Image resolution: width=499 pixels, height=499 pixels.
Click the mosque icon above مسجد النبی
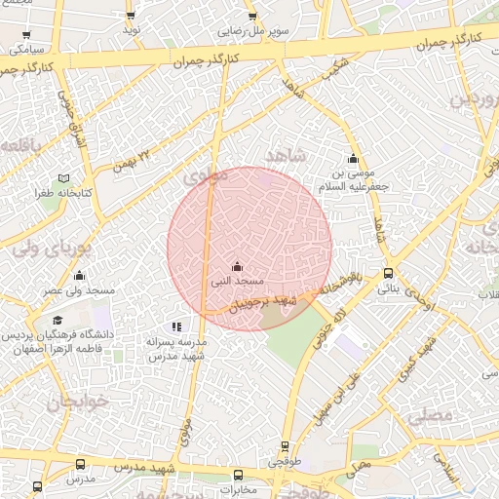pyautogui.click(x=237, y=266)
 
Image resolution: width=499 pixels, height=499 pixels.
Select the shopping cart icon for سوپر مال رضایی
pyautogui.click(x=252, y=17)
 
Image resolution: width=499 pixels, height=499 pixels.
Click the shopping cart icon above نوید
pyautogui.click(x=132, y=17)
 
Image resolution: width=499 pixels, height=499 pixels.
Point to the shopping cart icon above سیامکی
pyautogui.click(x=25, y=34)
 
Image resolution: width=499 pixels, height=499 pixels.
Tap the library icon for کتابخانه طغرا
pyautogui.click(x=63, y=178)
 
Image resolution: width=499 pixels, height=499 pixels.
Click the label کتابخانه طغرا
pyautogui.click(x=64, y=193)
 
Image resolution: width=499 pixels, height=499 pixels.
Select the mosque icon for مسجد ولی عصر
pyautogui.click(x=80, y=276)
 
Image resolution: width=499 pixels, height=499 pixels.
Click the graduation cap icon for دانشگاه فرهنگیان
pyautogui.click(x=58, y=320)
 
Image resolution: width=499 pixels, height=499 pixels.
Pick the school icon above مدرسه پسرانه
pyautogui.click(x=175, y=327)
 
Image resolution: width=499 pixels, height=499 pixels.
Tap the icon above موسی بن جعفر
pyautogui.click(x=353, y=159)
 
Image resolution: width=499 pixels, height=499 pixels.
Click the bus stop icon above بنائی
pyautogui.click(x=389, y=274)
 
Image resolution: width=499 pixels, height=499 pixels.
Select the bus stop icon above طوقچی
pyautogui.click(x=285, y=443)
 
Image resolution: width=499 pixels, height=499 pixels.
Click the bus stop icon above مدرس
pyautogui.click(x=80, y=465)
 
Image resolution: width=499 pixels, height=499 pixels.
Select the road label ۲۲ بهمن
pyautogui.click(x=134, y=156)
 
